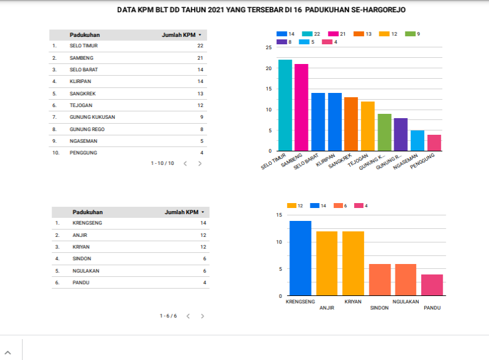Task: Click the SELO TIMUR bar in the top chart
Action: [x=285, y=105]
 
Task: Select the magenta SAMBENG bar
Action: [x=301, y=108]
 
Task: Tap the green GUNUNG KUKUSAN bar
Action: [x=384, y=132]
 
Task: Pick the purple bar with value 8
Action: [x=400, y=134]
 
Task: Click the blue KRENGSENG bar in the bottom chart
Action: [x=301, y=258]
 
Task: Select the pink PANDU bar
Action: [x=432, y=285]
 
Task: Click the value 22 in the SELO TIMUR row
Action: [x=200, y=46]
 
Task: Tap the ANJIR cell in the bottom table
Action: [x=79, y=235]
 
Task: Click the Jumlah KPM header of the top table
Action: [x=179, y=35]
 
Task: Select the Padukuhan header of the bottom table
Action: [x=87, y=212]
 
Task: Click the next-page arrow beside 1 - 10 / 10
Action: [x=200, y=164]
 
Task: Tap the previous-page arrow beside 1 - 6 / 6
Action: [x=188, y=316]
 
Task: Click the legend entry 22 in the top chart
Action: [x=312, y=33]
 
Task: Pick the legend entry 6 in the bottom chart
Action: [x=341, y=206]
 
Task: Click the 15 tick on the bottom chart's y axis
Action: [x=279, y=215]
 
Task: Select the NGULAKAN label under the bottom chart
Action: [x=406, y=302]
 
